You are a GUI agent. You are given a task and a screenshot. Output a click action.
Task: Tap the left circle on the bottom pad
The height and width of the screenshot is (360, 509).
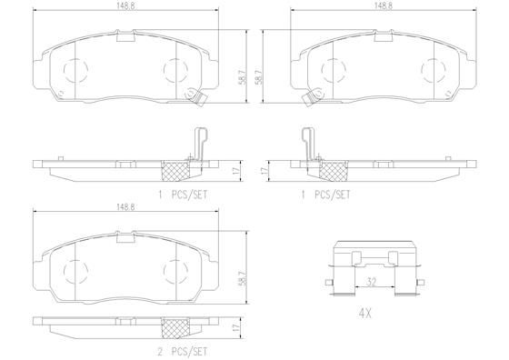74,268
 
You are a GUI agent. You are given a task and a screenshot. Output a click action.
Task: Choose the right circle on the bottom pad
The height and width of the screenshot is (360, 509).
175,268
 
